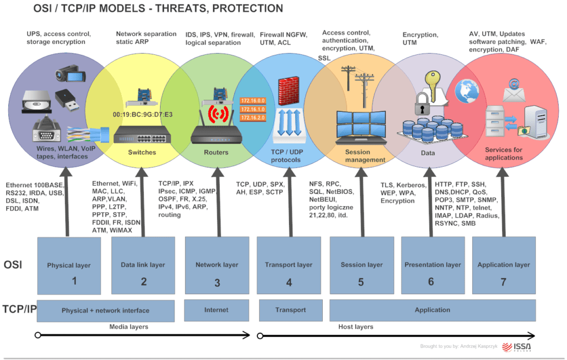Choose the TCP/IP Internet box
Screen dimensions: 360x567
tap(216, 310)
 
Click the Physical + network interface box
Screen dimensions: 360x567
tap(105, 310)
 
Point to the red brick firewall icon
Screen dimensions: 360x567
tap(288, 89)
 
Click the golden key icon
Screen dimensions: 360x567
tap(431, 84)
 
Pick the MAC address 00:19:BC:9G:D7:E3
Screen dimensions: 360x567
tap(142, 115)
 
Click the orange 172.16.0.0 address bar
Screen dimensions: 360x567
tap(253, 100)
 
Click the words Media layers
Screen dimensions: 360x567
tap(128, 327)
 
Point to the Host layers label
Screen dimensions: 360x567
tap(355, 327)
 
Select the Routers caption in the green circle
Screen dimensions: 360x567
tap(216, 152)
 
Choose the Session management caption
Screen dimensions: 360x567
tap(365, 156)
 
